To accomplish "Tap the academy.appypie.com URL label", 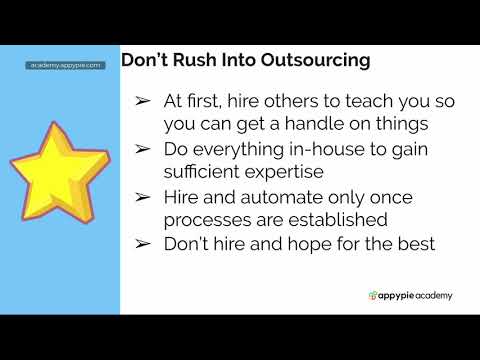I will click(x=66, y=64).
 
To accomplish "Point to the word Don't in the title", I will click(x=146, y=60).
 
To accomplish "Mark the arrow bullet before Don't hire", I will click(x=142, y=242).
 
